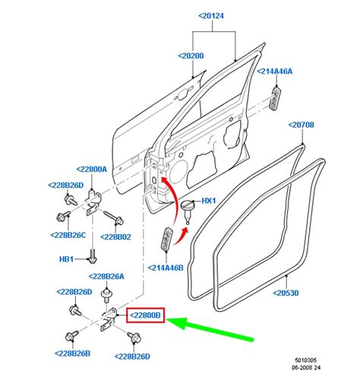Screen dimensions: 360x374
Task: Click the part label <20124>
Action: point(211,16)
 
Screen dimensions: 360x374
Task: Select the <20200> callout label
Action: point(191,55)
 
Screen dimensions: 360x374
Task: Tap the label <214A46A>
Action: point(275,71)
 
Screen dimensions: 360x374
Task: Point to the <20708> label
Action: point(302,125)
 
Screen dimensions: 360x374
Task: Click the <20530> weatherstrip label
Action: point(286,293)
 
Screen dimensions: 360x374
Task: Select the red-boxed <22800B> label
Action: point(146,315)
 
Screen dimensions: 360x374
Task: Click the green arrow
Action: point(210,328)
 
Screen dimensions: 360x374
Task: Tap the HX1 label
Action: point(209,201)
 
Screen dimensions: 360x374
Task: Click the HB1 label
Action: point(66,259)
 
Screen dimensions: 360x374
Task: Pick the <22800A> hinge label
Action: point(92,170)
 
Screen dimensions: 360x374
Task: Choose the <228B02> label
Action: point(115,237)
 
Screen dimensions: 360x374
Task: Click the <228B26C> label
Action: point(68,235)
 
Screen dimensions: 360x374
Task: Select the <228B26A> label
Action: point(106,277)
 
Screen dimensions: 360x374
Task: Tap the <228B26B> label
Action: point(73,353)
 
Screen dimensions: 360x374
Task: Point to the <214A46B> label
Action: point(166,268)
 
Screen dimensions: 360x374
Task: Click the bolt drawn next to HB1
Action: point(93,256)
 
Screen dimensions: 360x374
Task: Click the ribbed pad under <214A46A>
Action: point(275,99)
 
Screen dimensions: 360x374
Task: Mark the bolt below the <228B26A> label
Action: point(106,296)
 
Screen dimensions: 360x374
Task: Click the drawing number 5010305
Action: point(305,360)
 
